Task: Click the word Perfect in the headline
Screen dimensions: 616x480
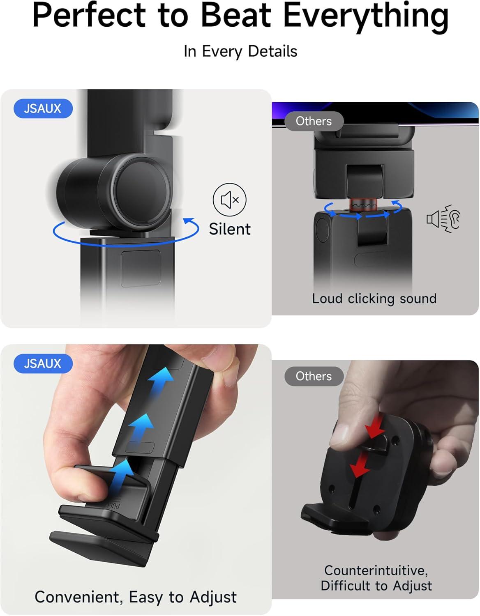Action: [89, 16]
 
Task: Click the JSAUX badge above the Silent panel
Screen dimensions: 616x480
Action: [43, 109]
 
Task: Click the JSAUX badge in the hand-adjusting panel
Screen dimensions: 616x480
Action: [43, 364]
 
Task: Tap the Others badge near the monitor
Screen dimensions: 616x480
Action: [314, 121]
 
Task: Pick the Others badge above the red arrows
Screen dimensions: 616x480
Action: [314, 376]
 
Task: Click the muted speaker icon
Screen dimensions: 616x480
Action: [229, 200]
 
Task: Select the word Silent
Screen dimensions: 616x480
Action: [229, 229]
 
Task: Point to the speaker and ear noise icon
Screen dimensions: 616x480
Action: [443, 219]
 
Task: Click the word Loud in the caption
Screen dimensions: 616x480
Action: [327, 299]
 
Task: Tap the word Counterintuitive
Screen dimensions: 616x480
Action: [376, 570]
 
